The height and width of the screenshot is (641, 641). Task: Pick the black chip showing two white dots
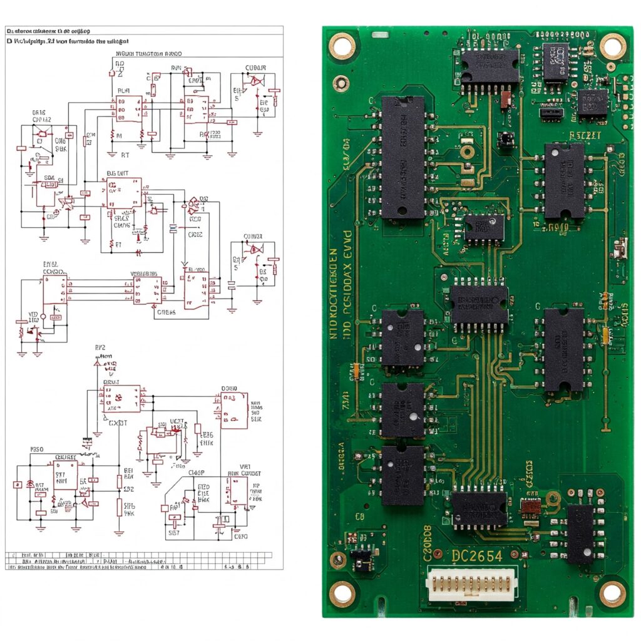click(403, 337)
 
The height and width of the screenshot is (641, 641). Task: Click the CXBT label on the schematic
click(118, 423)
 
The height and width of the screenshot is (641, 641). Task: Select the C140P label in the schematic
click(198, 473)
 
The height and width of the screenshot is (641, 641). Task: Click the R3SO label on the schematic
click(38, 449)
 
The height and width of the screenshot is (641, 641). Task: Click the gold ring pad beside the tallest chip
click(467, 151)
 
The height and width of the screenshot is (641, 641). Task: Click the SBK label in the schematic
click(61, 150)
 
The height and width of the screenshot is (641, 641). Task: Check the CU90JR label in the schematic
click(255, 68)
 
